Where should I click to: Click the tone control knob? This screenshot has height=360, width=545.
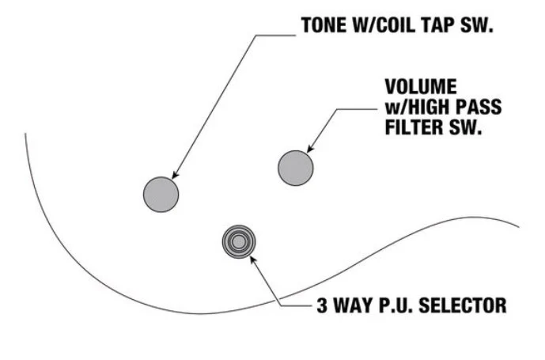click(x=161, y=195)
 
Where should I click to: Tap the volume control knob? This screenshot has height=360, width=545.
click(x=296, y=168)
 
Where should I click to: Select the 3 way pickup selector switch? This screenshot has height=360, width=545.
click(x=239, y=242)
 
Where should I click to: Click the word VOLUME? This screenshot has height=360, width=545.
click(x=421, y=86)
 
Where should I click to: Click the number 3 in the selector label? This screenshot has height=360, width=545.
click(x=322, y=305)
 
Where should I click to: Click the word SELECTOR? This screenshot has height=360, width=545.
click(x=463, y=305)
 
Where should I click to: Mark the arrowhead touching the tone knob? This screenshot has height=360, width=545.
click(x=176, y=175)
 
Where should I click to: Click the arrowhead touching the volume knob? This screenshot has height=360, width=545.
click(x=310, y=148)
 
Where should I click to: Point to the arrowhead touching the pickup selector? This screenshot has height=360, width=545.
click(x=253, y=260)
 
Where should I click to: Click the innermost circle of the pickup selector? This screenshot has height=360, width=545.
click(x=239, y=242)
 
